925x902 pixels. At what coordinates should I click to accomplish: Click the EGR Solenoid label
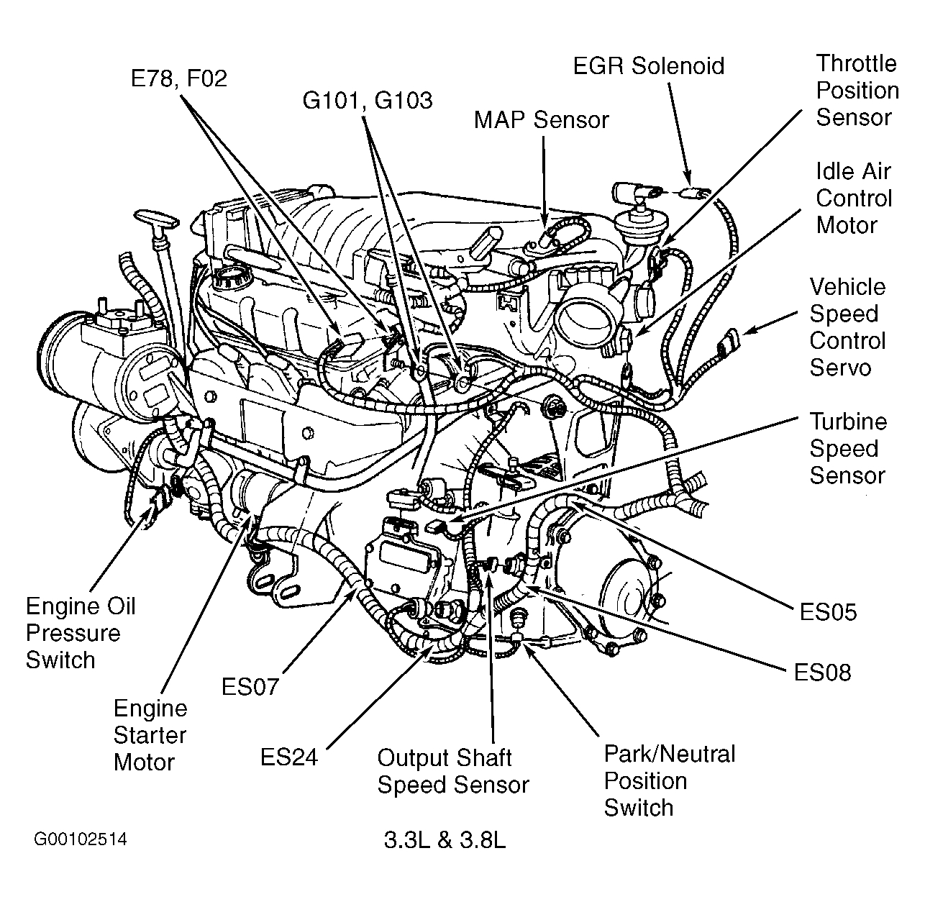click(x=648, y=66)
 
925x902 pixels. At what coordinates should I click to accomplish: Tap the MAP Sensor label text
click(x=541, y=119)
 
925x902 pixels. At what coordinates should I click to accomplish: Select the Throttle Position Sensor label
click(x=857, y=91)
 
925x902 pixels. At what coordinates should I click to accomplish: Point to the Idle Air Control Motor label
click(x=853, y=199)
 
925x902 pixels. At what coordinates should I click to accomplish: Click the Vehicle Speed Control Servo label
click(x=847, y=327)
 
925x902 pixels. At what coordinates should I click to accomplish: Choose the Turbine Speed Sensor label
click(x=847, y=449)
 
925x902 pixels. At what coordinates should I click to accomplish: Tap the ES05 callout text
click(x=828, y=612)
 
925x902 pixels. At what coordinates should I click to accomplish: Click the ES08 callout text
click(x=822, y=673)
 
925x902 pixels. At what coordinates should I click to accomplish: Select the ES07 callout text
click(x=250, y=687)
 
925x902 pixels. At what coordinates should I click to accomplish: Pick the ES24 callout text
click(x=289, y=757)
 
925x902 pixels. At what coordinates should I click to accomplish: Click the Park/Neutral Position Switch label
click(x=669, y=780)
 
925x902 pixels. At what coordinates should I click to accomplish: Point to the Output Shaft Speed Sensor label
click(x=453, y=771)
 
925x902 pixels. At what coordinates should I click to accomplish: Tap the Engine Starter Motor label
click(x=150, y=735)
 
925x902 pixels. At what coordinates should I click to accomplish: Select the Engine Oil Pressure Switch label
click(x=81, y=633)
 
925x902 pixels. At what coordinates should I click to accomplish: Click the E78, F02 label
click(x=178, y=78)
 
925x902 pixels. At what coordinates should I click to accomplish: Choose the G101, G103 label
click(x=368, y=100)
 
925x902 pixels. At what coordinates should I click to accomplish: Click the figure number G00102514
click(x=80, y=839)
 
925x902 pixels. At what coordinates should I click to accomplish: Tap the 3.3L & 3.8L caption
click(x=445, y=840)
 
